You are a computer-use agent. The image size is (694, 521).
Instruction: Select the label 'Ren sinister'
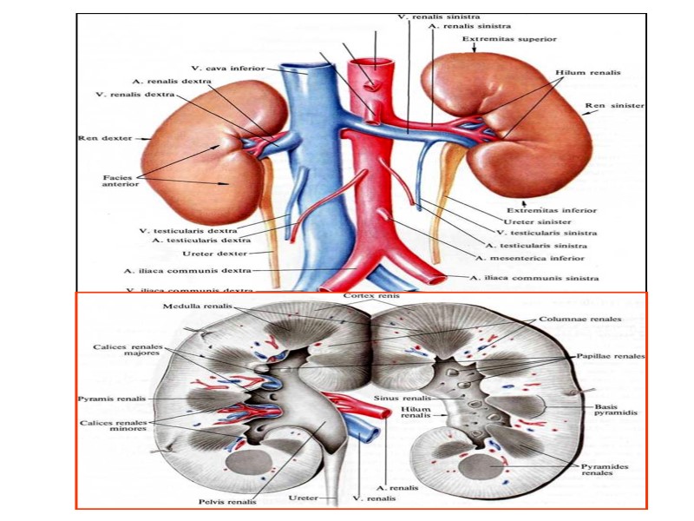click(614, 105)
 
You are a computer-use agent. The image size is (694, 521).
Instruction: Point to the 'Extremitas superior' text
click(508, 39)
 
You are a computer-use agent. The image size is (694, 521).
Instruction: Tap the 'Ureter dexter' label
click(217, 253)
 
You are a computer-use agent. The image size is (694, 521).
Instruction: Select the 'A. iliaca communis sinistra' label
click(534, 278)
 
